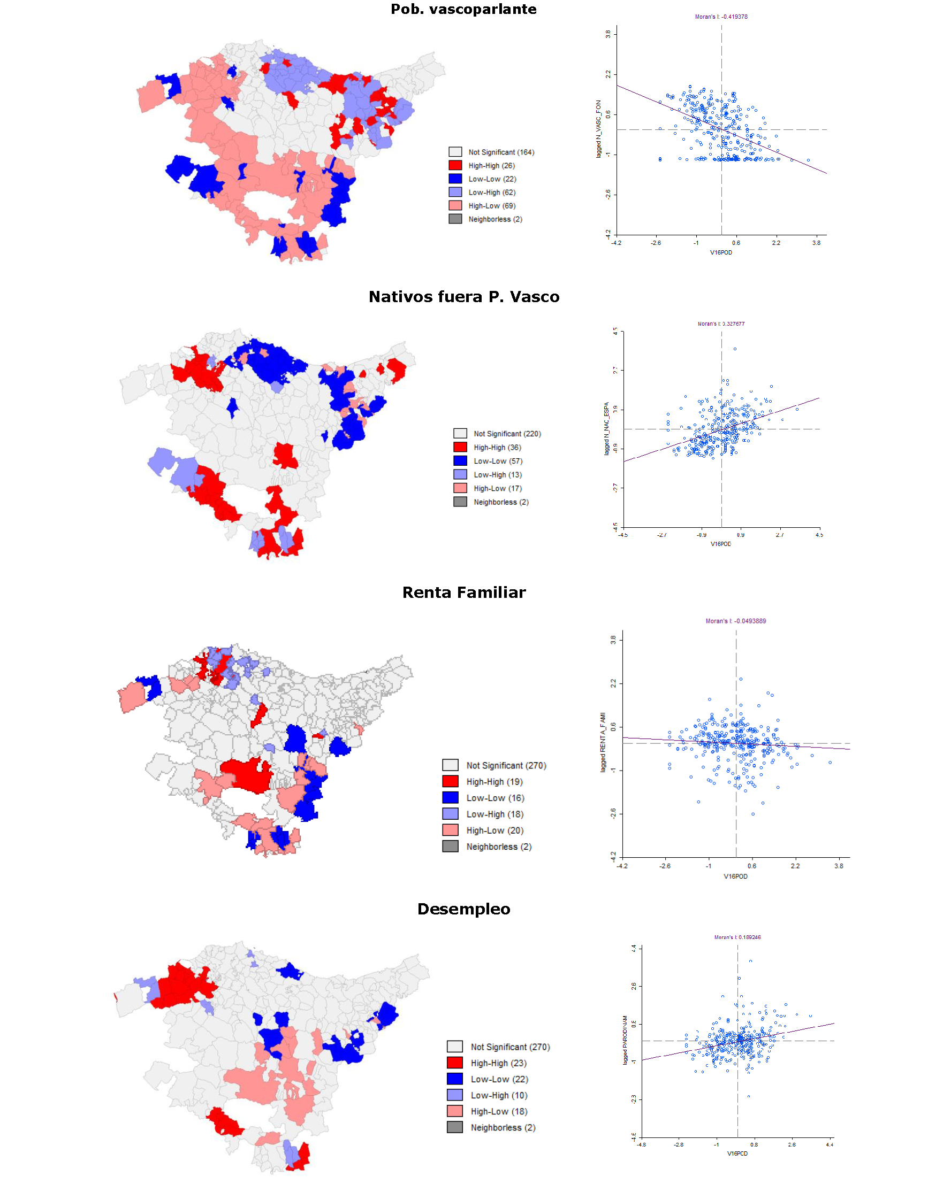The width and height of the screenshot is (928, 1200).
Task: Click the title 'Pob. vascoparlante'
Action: tap(463, 9)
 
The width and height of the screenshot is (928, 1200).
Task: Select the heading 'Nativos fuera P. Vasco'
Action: tap(463, 297)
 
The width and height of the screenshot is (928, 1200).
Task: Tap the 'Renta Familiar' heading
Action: tap(463, 593)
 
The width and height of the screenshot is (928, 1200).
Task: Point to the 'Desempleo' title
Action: tap(463, 909)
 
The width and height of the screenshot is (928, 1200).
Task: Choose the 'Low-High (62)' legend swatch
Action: tap(455, 193)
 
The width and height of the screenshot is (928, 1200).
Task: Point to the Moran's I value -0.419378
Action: tap(721, 17)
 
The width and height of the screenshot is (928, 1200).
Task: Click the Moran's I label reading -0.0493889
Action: tap(735, 621)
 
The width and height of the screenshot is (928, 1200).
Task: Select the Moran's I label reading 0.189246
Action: tap(737, 937)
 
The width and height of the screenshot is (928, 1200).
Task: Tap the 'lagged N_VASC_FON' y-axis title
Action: tap(599, 129)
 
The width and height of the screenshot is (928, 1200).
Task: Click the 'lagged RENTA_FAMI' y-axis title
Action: tap(603, 742)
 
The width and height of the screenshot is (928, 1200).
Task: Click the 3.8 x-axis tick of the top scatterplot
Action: tap(816, 243)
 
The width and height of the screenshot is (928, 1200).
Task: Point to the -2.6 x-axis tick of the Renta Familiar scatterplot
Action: tap(665, 866)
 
